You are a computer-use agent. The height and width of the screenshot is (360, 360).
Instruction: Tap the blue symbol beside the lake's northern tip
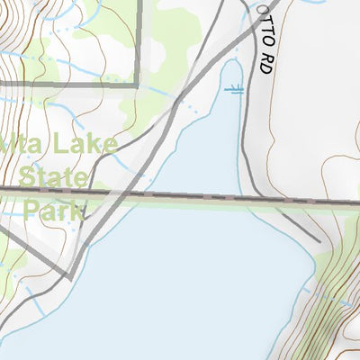235,89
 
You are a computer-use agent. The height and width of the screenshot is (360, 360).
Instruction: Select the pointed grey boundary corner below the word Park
70,274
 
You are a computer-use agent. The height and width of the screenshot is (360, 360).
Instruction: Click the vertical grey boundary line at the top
139,36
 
